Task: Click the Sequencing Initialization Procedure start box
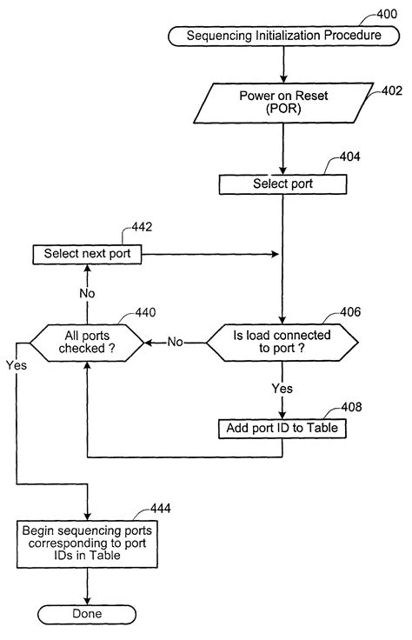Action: [282, 36]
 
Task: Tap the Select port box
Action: [282, 183]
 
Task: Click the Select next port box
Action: [87, 255]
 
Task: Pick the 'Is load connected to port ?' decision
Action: [282, 343]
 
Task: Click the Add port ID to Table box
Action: [282, 429]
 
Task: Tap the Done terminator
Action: [87, 614]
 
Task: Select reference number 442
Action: [143, 228]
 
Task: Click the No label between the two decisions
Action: [176, 343]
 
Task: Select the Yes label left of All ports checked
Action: [16, 365]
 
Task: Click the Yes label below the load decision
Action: [282, 389]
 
